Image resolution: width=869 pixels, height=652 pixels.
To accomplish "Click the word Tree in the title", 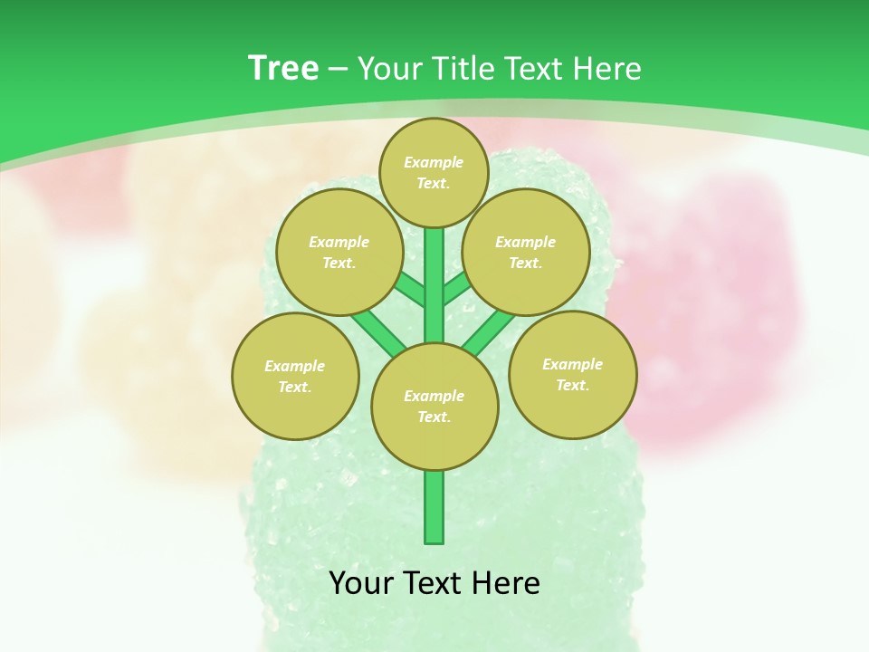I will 283,68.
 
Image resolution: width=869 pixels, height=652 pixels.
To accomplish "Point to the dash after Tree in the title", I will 339,70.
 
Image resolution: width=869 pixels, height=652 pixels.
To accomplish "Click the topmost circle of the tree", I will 434,172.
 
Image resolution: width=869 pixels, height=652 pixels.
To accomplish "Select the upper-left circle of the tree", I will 339,253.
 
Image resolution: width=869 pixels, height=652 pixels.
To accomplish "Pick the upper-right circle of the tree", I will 525,253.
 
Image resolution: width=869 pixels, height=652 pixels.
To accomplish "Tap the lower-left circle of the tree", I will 295,376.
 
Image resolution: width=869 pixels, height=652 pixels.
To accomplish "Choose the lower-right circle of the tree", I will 572,374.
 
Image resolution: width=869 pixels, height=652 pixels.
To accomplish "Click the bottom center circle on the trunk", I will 434,406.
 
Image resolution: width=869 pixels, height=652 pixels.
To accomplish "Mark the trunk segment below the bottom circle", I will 434,507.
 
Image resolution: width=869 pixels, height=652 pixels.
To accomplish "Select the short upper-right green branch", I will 456,288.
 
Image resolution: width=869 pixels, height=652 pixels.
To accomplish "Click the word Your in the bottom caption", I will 360,582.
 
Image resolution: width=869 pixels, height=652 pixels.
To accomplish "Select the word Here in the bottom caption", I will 509,582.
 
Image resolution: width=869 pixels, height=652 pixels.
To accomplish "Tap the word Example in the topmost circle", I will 434,162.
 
